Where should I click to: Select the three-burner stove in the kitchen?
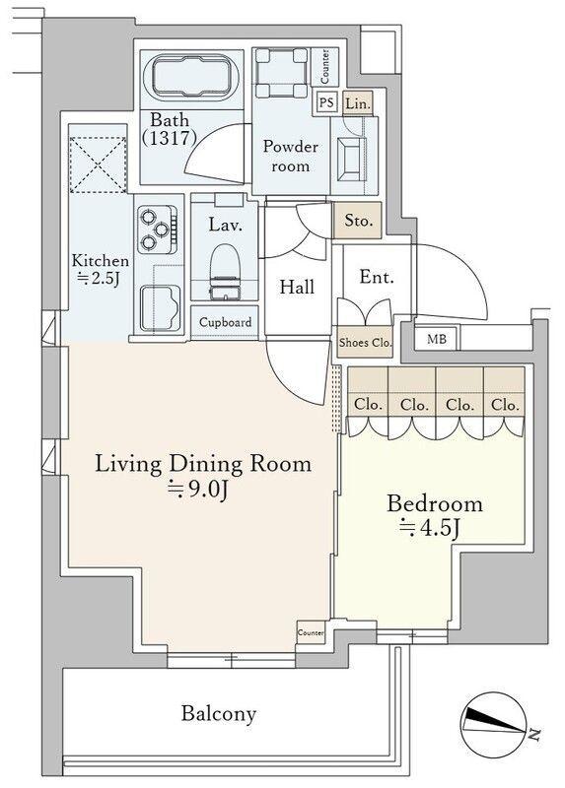tap(158, 230)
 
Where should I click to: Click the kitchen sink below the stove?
tap(160, 308)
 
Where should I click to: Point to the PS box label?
tap(326, 102)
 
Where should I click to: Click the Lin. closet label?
tap(358, 103)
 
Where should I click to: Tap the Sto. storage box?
tap(357, 220)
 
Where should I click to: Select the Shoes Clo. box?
tap(365, 342)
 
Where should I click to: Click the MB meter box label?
tap(436, 339)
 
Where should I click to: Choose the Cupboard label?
tap(225, 322)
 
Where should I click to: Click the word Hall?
tap(297, 287)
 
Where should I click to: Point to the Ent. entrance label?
tap(377, 277)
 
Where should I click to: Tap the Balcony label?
tap(219, 713)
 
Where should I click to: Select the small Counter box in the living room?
tap(311, 632)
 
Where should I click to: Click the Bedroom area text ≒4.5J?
tap(429, 527)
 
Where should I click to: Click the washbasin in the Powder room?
tap(351, 156)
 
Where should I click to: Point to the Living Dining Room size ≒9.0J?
tap(198, 488)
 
